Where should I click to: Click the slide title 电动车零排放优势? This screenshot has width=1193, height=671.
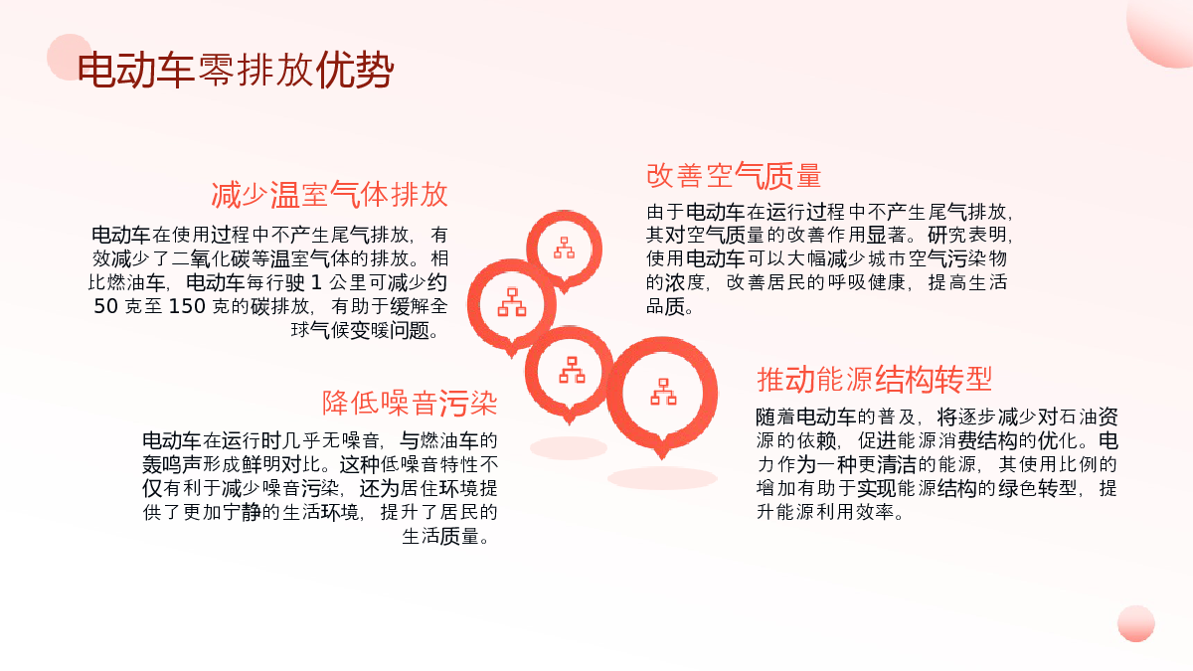(236, 70)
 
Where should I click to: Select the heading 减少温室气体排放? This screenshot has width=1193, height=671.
(329, 195)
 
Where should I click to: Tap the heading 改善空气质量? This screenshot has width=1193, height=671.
(734, 176)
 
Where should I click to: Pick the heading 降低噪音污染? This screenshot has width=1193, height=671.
(409, 403)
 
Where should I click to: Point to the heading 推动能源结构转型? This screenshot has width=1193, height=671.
(874, 380)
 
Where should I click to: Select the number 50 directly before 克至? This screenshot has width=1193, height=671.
(105, 306)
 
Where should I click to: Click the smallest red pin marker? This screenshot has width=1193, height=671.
(564, 251)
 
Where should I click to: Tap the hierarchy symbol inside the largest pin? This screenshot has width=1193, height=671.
(663, 392)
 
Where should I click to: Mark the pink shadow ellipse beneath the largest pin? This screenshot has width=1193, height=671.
(662, 478)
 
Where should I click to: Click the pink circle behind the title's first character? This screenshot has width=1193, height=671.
(70, 57)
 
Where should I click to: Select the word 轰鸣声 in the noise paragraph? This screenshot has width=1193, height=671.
(171, 464)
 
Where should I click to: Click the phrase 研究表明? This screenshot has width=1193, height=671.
(966, 235)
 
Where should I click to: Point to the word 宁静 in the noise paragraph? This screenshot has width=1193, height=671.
(242, 512)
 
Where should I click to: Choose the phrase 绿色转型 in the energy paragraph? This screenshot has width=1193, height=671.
(1037, 488)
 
